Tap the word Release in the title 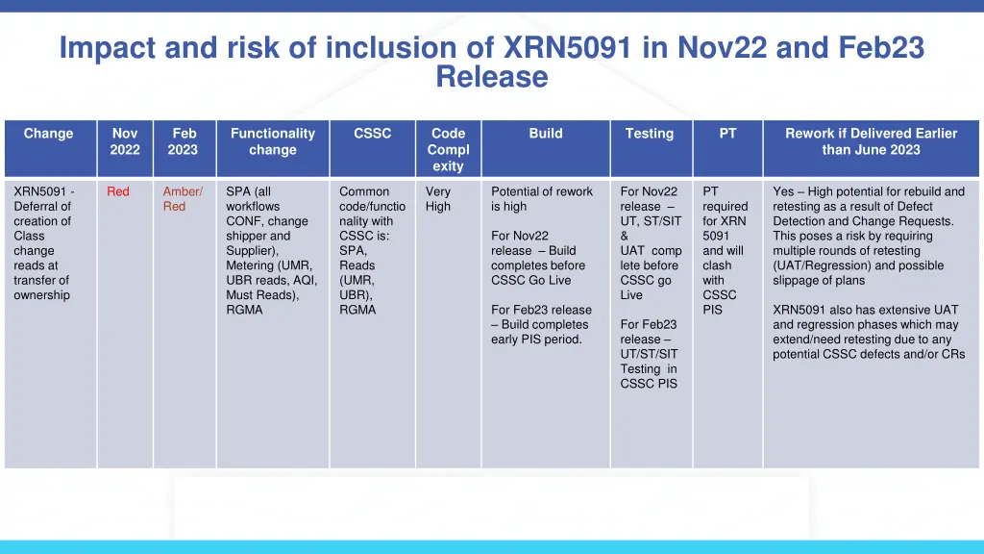pyautogui.click(x=491, y=77)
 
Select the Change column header pyautogui.click(x=48, y=134)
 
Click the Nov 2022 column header pyautogui.click(x=125, y=141)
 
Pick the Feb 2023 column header pyautogui.click(x=184, y=141)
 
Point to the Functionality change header pyautogui.click(x=273, y=141)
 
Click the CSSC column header pyautogui.click(x=372, y=134)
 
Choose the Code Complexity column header pyautogui.click(x=448, y=149)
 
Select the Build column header pyautogui.click(x=545, y=134)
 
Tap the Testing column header pyautogui.click(x=650, y=134)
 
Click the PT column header pyautogui.click(x=727, y=134)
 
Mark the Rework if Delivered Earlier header pyautogui.click(x=871, y=141)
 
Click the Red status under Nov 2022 pyautogui.click(x=118, y=191)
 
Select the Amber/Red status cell pyautogui.click(x=183, y=199)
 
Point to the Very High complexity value pyautogui.click(x=438, y=199)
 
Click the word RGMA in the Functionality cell pyautogui.click(x=244, y=310)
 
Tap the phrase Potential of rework pyautogui.click(x=542, y=191)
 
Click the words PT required pyautogui.click(x=725, y=199)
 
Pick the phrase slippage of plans pyautogui.click(x=819, y=281)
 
